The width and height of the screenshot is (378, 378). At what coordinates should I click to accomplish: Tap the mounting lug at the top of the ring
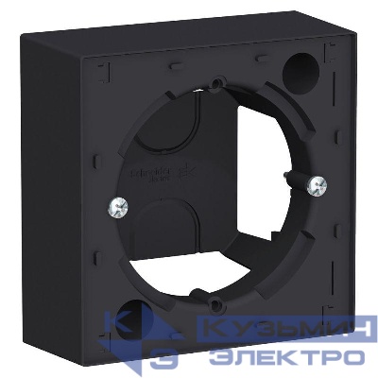coord(217,87)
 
